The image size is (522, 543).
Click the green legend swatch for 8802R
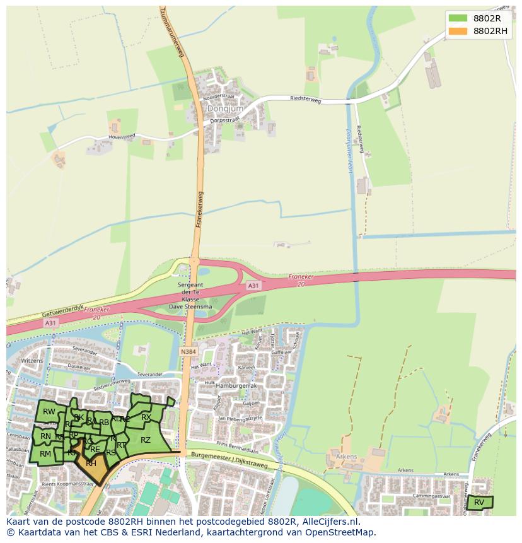click(458, 18)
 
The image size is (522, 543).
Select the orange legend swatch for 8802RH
click(458, 31)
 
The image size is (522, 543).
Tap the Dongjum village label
click(219, 108)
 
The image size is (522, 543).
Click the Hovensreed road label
click(122, 135)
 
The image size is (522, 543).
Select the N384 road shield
click(187, 351)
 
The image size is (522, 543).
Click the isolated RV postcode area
click(480, 502)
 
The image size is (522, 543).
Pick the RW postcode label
click(49, 412)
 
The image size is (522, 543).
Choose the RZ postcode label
click(146, 440)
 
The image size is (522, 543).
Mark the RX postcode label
click(146, 417)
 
